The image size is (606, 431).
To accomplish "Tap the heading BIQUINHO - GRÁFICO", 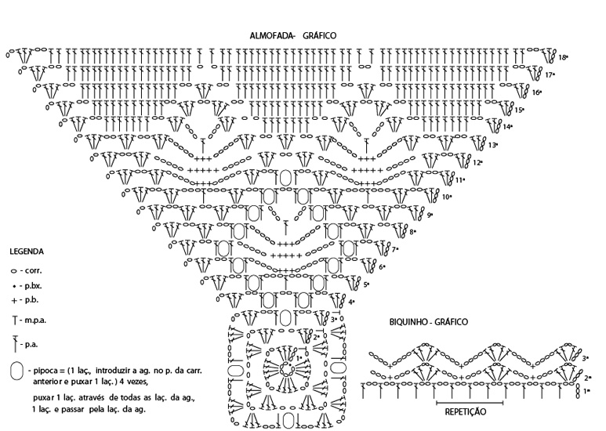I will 429,322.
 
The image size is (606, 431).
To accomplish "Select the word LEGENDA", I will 27,252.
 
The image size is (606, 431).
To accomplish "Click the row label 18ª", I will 564,57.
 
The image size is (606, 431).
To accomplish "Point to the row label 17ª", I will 550,75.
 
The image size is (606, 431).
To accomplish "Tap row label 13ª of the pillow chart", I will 493,145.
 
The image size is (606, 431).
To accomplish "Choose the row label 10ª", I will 447,197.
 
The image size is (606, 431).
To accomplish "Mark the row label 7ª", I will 397,249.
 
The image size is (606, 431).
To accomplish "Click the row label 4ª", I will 352,302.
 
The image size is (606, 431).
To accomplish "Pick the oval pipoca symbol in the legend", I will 16,371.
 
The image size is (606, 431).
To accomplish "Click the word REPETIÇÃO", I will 466,411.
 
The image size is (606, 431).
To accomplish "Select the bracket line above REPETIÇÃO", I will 466,401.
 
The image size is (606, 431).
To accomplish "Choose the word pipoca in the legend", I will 46,368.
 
